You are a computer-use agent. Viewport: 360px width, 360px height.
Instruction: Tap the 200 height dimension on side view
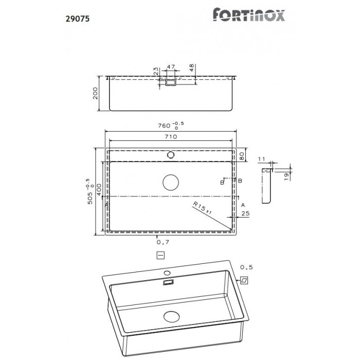tap(95, 94)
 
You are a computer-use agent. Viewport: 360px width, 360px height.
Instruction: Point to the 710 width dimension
tap(171, 137)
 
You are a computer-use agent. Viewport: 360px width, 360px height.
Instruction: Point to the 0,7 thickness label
tap(162, 241)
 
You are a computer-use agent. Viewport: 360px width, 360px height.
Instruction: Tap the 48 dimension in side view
tap(191, 67)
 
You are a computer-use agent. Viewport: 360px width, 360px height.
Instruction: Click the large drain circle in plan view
tap(171, 183)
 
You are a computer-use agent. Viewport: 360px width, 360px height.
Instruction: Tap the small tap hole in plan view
tap(170, 154)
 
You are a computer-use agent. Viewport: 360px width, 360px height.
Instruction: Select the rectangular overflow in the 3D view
tap(168, 282)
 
